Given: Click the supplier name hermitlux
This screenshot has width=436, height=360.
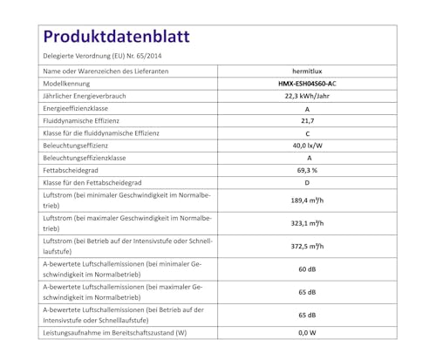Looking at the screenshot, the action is click(x=307, y=71).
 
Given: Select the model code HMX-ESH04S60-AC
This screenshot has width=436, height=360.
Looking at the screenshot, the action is click(x=307, y=83).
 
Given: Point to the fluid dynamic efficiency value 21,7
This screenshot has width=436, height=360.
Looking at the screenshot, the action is click(x=307, y=120).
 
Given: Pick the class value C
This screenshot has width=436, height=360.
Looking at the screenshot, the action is click(x=307, y=133).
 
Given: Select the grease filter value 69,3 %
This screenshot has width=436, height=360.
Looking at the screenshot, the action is click(x=307, y=171).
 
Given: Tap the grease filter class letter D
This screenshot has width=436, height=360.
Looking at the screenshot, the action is click(x=307, y=183).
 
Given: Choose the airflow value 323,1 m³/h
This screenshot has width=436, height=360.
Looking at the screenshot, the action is click(x=307, y=223).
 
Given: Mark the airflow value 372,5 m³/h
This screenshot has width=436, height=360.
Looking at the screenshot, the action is click(x=307, y=247).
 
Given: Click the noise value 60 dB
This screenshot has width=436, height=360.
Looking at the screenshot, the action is click(x=307, y=269).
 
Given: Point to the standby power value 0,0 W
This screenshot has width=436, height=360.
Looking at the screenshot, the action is click(x=307, y=333).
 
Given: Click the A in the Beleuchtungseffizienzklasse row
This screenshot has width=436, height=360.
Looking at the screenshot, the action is click(x=307, y=158).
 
